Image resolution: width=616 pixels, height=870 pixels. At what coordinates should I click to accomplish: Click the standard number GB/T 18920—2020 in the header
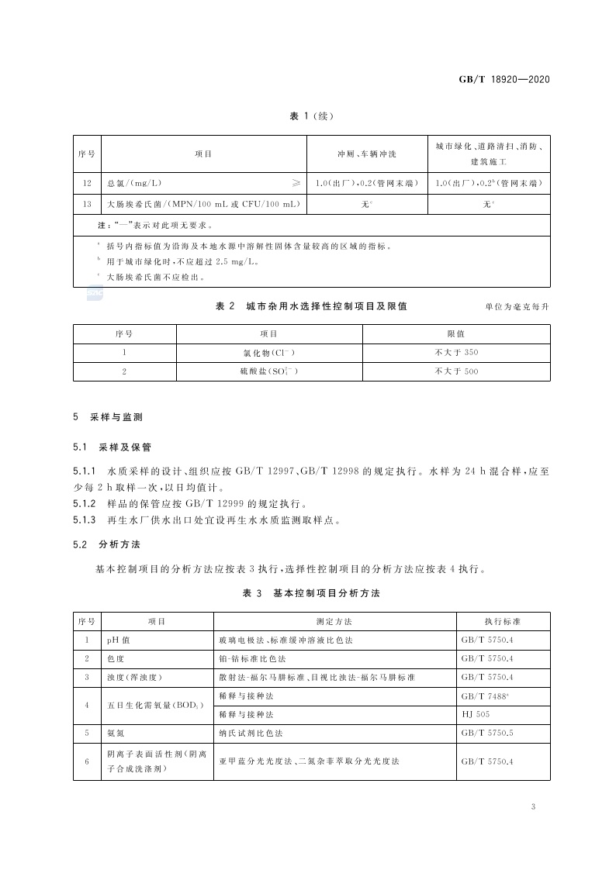point(504,79)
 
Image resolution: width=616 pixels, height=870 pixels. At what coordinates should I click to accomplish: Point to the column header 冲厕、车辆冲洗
point(365,154)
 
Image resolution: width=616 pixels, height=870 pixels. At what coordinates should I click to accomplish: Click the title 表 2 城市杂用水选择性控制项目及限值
point(311,306)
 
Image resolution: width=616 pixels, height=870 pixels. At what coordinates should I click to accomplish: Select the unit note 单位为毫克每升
point(517,307)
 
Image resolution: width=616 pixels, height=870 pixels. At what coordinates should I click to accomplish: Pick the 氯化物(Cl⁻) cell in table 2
point(269,353)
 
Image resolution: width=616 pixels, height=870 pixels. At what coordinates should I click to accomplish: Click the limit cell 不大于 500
point(456,372)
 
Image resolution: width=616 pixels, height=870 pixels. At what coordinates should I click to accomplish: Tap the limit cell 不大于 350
point(456,353)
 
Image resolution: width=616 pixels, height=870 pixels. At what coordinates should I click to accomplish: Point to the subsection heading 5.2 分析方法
point(102,545)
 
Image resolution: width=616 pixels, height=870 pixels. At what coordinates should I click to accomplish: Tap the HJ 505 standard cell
point(474,713)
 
